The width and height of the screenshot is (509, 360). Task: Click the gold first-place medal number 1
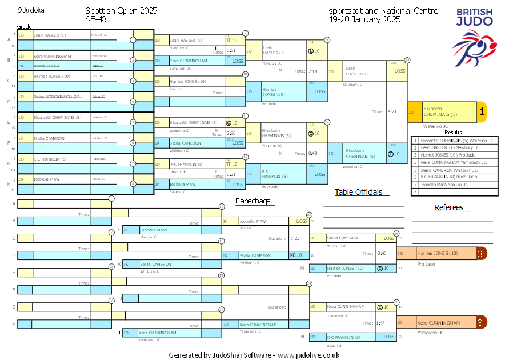[x=482, y=113]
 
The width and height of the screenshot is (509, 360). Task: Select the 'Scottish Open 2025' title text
[x=121, y=11]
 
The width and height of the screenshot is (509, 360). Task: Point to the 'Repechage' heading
[x=253, y=201]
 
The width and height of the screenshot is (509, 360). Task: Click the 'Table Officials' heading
[x=358, y=192]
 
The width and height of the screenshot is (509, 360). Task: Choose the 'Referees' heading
[x=448, y=207]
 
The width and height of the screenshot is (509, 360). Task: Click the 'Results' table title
[x=453, y=132]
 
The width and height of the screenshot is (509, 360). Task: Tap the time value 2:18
[x=312, y=71]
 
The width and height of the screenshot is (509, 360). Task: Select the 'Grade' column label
[x=24, y=27]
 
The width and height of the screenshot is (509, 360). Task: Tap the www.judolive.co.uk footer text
[x=309, y=355]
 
